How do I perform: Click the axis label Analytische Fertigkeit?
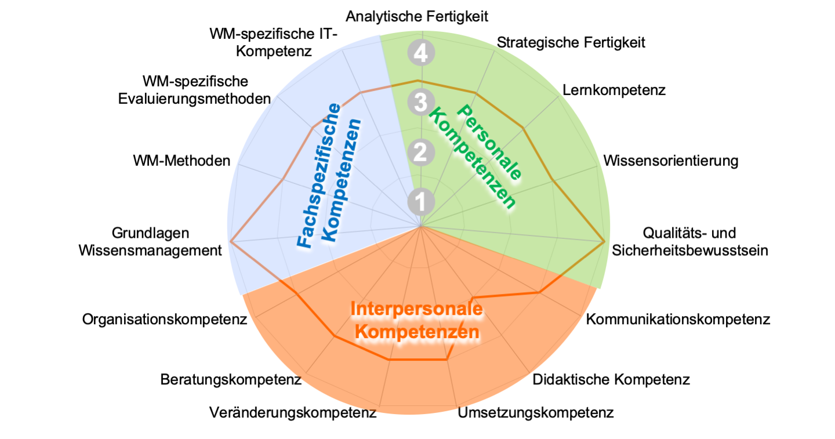pyautogui.click(x=417, y=16)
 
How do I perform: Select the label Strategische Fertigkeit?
pyautogui.click(x=571, y=42)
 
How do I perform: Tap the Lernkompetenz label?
pyautogui.click(x=614, y=90)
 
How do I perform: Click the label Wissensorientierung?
pyautogui.click(x=671, y=161)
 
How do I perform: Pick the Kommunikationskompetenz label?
pyautogui.click(x=678, y=319)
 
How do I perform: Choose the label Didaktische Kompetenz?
pyautogui.click(x=611, y=380)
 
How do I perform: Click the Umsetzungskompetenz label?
pyautogui.click(x=536, y=413)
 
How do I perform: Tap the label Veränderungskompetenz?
pyautogui.click(x=293, y=413)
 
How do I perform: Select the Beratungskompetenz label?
pyautogui.click(x=231, y=380)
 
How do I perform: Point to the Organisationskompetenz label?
pyautogui.click(x=165, y=319)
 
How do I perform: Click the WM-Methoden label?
pyautogui.click(x=181, y=161)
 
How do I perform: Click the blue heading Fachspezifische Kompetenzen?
pyautogui.click(x=329, y=177)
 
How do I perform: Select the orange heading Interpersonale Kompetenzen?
pyautogui.click(x=417, y=321)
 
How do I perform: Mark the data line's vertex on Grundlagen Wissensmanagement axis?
pyautogui.click(x=231, y=241)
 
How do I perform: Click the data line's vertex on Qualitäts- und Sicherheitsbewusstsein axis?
pyautogui.click(x=604, y=241)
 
